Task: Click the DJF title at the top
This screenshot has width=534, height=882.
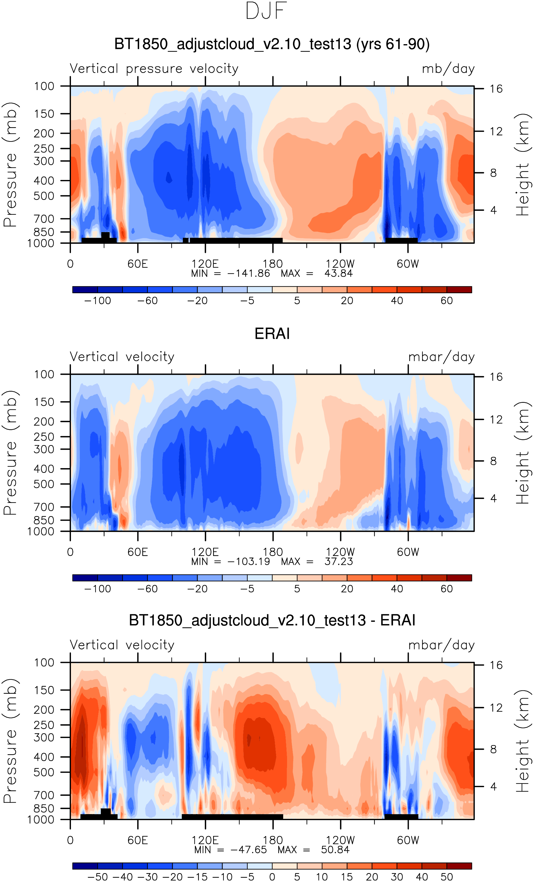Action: [x=266, y=11]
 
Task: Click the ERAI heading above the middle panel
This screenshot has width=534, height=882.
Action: [x=272, y=334]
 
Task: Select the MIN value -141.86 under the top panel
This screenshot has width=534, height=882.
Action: [x=249, y=273]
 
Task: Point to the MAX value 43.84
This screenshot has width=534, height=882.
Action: [x=338, y=273]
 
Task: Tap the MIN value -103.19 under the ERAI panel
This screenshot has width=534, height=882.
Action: [x=249, y=561]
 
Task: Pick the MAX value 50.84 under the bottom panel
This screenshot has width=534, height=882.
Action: [x=335, y=849]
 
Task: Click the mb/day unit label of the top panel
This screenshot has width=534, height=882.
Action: [x=448, y=68]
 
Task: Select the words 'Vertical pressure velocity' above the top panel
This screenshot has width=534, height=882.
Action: [x=154, y=68]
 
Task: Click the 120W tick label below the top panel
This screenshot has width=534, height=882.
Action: [x=340, y=264]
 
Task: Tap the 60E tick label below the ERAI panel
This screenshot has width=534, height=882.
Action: [x=138, y=552]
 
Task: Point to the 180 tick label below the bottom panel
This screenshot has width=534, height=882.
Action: [x=272, y=840]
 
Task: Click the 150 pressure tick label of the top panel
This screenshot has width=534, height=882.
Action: [x=44, y=114]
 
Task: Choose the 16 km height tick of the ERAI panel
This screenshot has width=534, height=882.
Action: [x=496, y=377]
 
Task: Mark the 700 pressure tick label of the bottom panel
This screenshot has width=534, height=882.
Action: [x=44, y=795]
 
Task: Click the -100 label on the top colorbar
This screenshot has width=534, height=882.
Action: [x=97, y=301]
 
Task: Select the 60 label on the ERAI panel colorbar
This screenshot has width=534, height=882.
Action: [x=446, y=589]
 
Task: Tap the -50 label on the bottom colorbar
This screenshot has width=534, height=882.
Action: [x=97, y=877]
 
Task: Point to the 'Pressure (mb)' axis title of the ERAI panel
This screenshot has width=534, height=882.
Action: [x=10, y=452]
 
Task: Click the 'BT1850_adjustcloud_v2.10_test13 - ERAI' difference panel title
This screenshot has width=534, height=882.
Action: [x=272, y=620]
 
